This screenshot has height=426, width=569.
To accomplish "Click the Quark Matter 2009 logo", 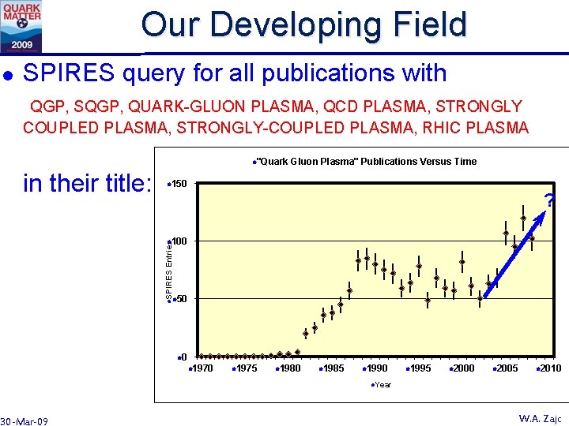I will click(x=21, y=26).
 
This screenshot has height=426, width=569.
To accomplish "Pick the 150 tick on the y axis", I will click(x=178, y=185).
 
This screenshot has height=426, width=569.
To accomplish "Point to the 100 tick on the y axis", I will click(x=178, y=241).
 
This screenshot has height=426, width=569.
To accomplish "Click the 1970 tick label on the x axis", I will click(x=202, y=368).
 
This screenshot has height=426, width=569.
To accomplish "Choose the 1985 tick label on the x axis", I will click(x=332, y=368).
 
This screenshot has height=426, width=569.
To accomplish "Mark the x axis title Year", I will click(x=382, y=385).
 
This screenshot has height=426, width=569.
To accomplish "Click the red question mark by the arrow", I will click(x=550, y=200).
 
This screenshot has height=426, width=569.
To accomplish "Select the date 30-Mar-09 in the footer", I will click(x=24, y=421).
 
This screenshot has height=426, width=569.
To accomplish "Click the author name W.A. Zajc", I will click(x=539, y=418).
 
